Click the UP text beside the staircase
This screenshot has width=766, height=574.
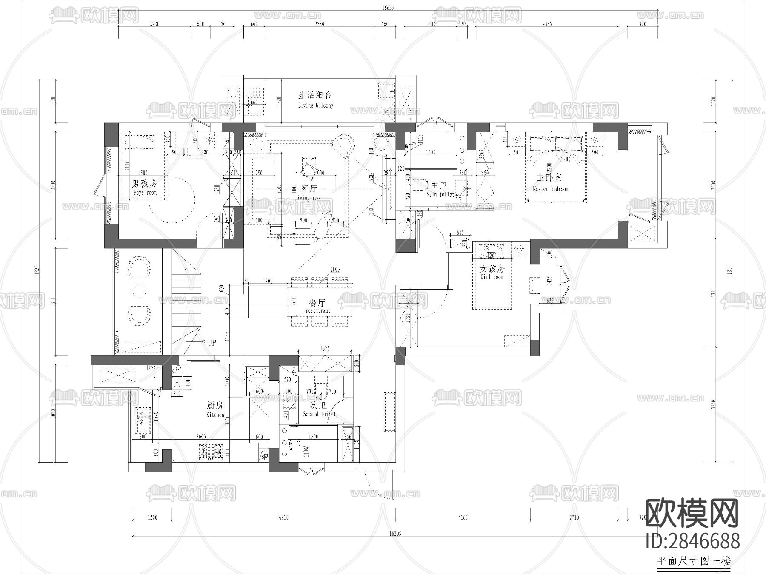pos(212,342)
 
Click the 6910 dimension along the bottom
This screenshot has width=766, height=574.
pos(283,517)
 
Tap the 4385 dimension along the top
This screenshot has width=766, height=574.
pos(547,24)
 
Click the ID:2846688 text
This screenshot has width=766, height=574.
pos(692,542)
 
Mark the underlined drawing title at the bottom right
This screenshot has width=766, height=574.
pos(694,561)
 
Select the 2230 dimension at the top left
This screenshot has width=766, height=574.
pos(154,24)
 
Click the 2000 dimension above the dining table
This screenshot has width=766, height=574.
pos(334,270)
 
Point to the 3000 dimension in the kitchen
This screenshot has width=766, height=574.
pos(201,437)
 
